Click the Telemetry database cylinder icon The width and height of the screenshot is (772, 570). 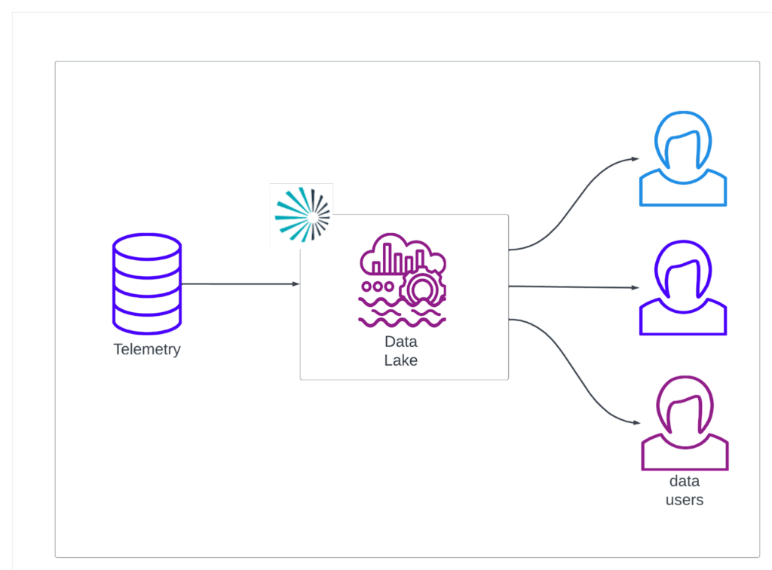(x=146, y=283)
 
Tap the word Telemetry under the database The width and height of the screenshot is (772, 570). (x=147, y=350)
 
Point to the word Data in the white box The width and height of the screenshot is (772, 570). (x=400, y=342)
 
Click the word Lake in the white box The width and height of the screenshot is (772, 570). (x=400, y=360)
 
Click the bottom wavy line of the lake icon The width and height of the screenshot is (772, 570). (x=402, y=322)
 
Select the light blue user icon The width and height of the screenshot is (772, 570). (x=683, y=161)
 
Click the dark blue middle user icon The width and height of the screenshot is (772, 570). (x=683, y=289)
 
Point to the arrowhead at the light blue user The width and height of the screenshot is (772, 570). (x=636, y=159)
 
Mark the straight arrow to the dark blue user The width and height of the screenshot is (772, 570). (x=573, y=287)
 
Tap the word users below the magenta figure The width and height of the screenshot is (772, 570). (x=685, y=499)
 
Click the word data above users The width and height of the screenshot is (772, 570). (x=685, y=482)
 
